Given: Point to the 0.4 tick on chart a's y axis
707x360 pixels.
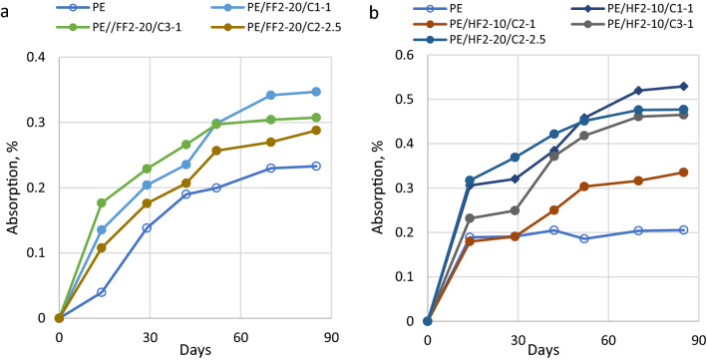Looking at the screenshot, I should click(x=38, y=57).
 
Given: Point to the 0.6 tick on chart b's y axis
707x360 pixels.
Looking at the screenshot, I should click(x=407, y=54).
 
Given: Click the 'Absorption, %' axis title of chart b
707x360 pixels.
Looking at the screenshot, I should click(x=382, y=186).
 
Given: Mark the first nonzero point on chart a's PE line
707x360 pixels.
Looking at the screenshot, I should click(x=102, y=292).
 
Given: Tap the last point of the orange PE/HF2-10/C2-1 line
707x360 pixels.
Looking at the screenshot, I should click(x=683, y=172).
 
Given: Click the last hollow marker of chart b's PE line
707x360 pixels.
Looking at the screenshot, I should click(x=683, y=229).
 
